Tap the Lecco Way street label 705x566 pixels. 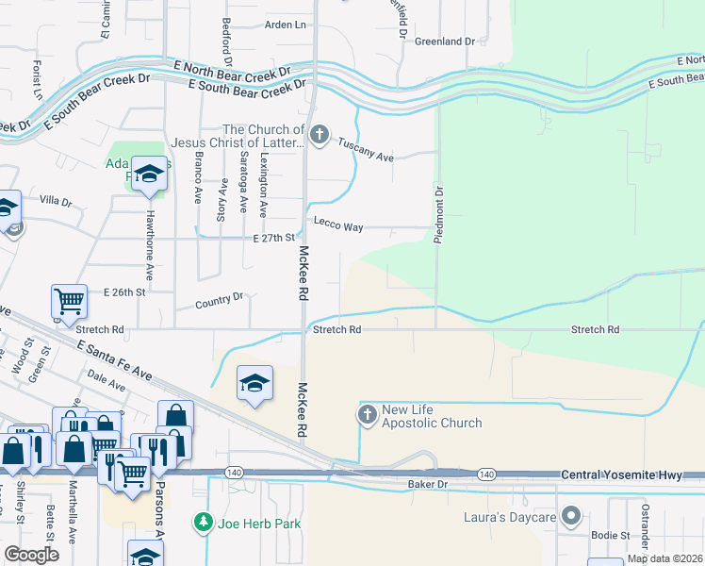click(338, 227)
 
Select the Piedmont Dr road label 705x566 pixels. click(438, 215)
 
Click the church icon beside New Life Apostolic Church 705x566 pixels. click(367, 413)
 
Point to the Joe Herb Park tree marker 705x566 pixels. click(201, 521)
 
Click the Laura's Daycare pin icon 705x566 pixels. click(570, 516)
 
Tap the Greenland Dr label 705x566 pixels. click(445, 42)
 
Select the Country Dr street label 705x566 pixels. click(219, 302)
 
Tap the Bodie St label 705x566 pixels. click(612, 535)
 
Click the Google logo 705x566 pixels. click(31, 555)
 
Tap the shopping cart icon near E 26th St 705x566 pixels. click(70, 302)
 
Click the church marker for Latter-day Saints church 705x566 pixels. click(319, 135)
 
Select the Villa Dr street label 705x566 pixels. click(56, 201)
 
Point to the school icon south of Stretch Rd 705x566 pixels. click(254, 382)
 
